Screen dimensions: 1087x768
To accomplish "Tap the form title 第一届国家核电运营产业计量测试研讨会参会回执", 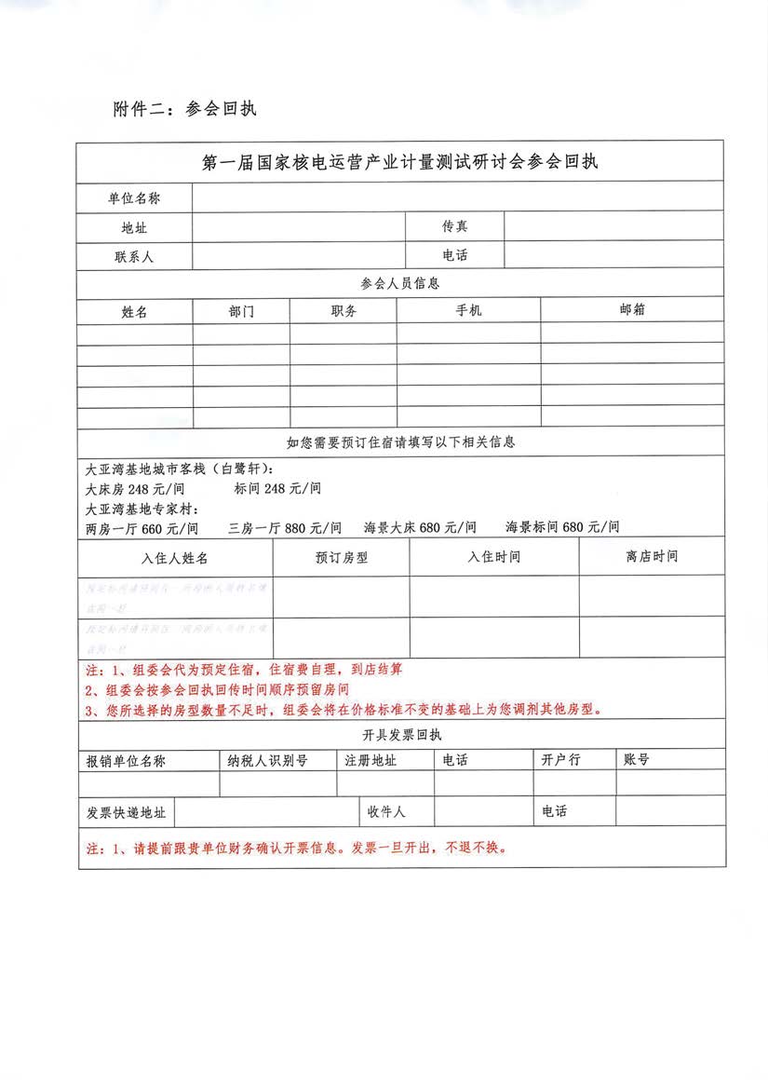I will (x=400, y=161).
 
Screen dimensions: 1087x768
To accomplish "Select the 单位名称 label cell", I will (x=134, y=198).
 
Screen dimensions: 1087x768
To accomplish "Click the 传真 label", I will (x=455, y=226).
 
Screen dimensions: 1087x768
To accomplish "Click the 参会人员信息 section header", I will (x=400, y=282).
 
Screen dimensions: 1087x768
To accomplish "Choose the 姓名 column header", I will (x=134, y=312).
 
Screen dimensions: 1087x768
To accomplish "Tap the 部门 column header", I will (x=240, y=312).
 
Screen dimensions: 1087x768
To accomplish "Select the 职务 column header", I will (x=343, y=312).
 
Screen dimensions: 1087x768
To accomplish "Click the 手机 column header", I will (x=468, y=311).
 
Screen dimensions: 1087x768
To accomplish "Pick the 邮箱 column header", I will (x=632, y=310).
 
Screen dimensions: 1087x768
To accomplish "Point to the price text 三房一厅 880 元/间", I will (x=285, y=528).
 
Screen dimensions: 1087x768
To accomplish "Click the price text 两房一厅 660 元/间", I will (x=141, y=528).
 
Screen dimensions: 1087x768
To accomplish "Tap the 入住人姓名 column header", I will (x=175, y=558).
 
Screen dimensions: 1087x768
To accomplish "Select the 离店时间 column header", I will (x=652, y=557).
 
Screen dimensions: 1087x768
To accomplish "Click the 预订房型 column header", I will (x=342, y=558).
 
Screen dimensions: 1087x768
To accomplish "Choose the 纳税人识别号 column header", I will (x=267, y=760).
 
